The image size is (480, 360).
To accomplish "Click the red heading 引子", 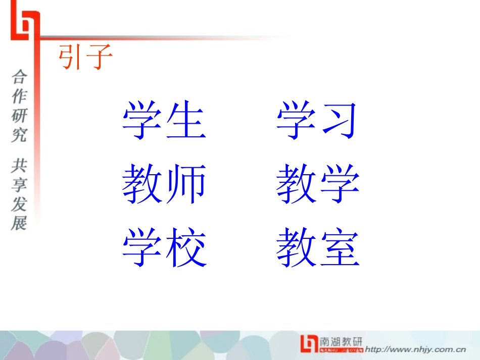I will coord(85,57).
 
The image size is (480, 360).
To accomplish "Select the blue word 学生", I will coord(164,121).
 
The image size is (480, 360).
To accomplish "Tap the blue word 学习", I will coord(317,121).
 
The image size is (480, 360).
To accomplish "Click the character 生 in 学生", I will coord(186,121).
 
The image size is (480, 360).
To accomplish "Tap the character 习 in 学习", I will coord(339,121).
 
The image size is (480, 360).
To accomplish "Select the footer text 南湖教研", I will coord(341,341).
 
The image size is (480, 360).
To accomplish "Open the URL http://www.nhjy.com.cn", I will coord(415,348).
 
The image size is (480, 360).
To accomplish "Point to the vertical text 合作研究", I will coord(20,106).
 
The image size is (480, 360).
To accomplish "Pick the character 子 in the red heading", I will coord(99,57).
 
